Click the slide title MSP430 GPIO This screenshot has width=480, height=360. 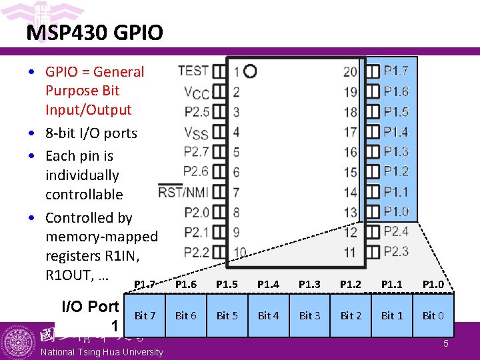(95, 33)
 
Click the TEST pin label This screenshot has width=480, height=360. (193, 71)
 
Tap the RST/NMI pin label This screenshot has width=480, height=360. (183, 193)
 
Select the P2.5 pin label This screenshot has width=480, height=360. (197, 112)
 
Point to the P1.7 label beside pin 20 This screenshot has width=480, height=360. (396, 71)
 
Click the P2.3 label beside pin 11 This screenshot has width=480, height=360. (396, 251)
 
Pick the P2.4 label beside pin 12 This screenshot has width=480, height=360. (396, 231)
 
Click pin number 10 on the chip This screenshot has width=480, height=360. (240, 253)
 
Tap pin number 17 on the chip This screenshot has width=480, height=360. (351, 132)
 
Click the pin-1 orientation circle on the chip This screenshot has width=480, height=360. (251, 71)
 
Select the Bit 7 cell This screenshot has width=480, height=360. (145, 315)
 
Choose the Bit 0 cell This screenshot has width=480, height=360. (433, 315)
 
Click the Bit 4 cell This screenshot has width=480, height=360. (268, 315)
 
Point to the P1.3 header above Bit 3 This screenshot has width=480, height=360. (309, 285)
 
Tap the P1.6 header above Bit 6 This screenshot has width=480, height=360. (185, 285)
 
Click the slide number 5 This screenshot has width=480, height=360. (446, 344)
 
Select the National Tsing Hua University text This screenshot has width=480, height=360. (101, 352)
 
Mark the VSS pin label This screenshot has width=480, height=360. (197, 132)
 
